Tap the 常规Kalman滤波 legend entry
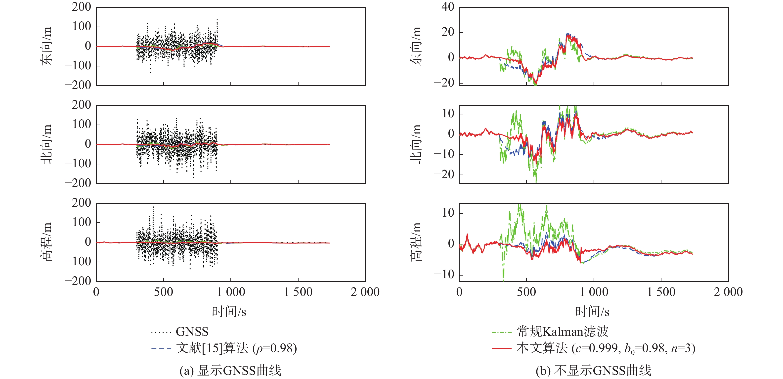[563, 332]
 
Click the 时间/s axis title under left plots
[229, 311]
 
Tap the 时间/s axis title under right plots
[592, 311]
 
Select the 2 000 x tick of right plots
[728, 292]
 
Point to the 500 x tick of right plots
[526, 292]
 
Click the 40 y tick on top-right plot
[448, 7]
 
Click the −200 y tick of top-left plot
[78, 85]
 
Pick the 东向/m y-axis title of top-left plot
[46, 46]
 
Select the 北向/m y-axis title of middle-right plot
[416, 144]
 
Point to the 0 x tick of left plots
[96, 292]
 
